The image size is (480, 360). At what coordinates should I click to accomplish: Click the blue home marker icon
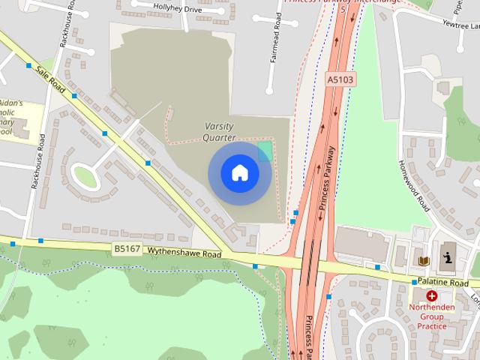(x=239, y=172)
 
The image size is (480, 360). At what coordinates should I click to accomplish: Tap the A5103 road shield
(x=340, y=79)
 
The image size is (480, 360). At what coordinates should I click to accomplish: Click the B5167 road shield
(x=127, y=248)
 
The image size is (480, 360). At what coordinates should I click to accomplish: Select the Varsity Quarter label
(x=219, y=132)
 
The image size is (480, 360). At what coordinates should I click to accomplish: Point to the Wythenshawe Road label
(x=184, y=254)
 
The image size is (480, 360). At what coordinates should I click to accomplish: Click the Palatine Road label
(x=443, y=283)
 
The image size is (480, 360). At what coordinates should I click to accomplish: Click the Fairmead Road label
(x=274, y=56)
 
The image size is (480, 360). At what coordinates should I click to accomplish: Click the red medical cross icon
(x=432, y=296)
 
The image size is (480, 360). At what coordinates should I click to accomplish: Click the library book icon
(x=423, y=260)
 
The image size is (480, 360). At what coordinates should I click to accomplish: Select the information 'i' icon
(x=448, y=259)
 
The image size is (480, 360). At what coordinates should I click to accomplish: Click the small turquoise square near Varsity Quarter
(x=265, y=152)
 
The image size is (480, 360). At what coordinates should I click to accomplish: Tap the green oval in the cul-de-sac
(x=85, y=177)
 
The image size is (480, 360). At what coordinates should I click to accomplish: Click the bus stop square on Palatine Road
(x=414, y=282)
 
